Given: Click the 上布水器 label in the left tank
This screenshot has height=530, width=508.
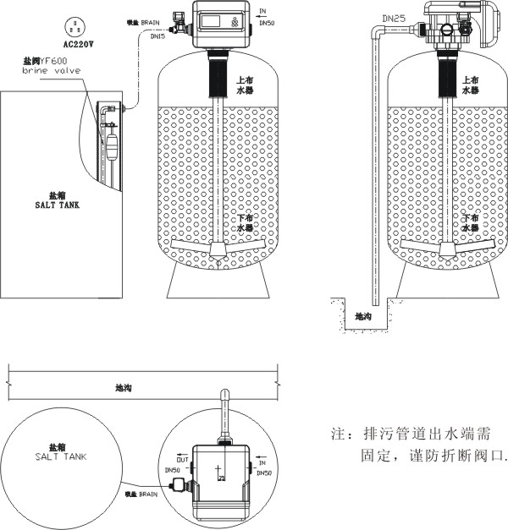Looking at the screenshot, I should tap(245, 85).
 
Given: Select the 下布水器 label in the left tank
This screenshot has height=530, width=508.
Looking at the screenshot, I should tap(245, 223).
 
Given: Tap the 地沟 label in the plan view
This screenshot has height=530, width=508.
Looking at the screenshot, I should tap(123, 389).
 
